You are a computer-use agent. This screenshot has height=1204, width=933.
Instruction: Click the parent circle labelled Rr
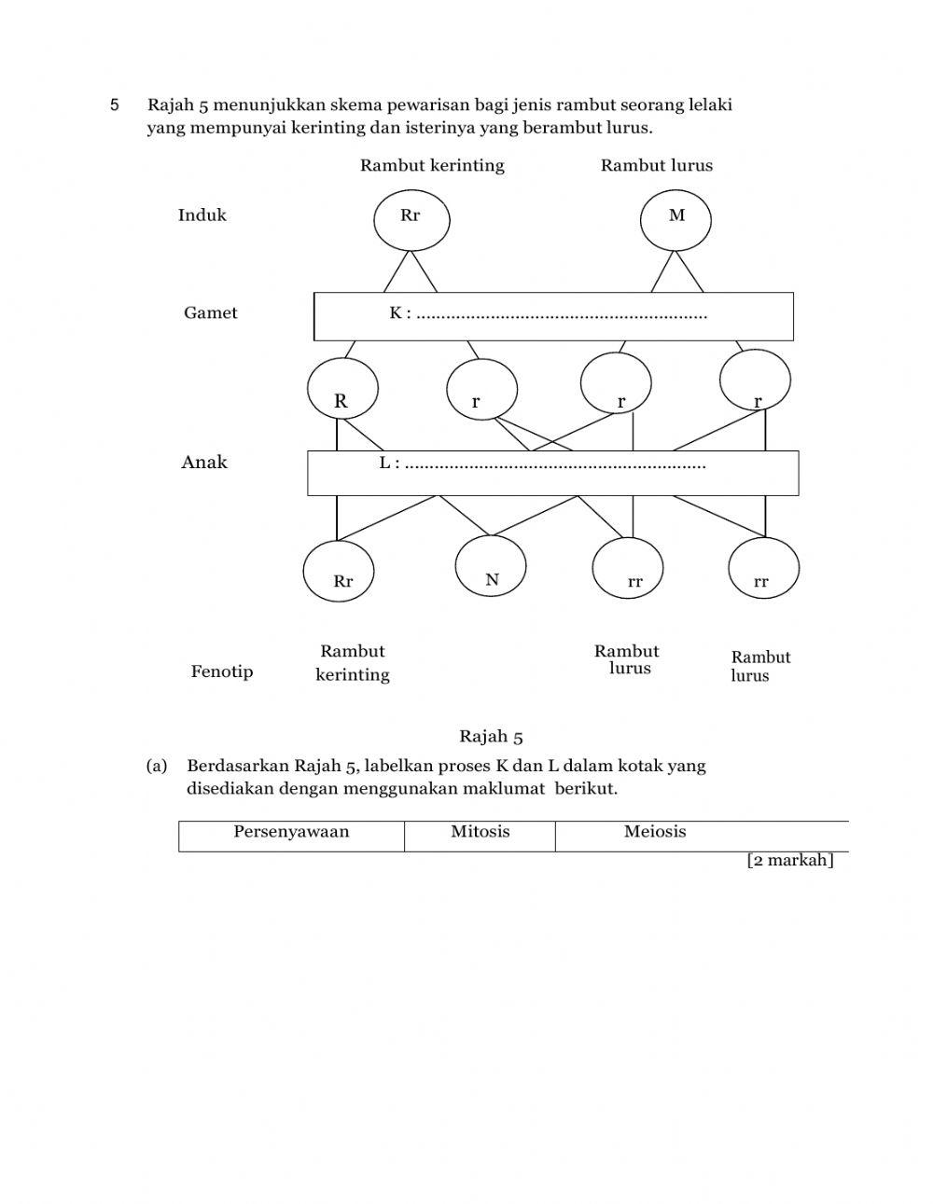click(x=411, y=220)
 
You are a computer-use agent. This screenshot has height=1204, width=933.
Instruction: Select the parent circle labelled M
click(x=675, y=220)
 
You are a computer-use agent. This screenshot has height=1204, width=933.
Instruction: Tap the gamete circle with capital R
click(x=342, y=389)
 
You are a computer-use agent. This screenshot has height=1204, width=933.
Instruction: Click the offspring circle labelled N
click(x=491, y=567)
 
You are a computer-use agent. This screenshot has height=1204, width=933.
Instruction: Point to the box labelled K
click(x=553, y=316)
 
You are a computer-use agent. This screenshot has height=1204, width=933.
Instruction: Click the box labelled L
click(x=552, y=473)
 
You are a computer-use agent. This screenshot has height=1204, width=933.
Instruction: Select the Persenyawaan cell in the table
click(x=291, y=836)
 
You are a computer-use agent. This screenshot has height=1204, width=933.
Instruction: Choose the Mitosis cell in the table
click(x=480, y=836)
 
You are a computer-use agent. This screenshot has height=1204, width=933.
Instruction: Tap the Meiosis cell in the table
click(x=655, y=836)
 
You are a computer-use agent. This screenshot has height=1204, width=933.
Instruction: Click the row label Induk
click(x=202, y=215)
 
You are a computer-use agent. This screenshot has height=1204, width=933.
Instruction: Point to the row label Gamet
click(x=210, y=313)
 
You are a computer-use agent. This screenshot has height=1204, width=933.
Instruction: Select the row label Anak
click(x=204, y=463)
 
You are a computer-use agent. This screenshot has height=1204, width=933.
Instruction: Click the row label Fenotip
click(x=222, y=672)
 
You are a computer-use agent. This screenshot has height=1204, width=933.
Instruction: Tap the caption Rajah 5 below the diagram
click(x=491, y=737)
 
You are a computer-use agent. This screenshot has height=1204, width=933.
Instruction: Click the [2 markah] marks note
click(x=789, y=861)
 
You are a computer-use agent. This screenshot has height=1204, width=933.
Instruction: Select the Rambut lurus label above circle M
click(x=656, y=166)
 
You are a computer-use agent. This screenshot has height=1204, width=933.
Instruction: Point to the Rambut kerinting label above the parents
click(x=432, y=166)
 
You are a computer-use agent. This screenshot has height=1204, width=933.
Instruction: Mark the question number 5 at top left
click(x=115, y=105)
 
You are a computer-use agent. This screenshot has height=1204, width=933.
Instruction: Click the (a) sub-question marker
click(x=157, y=767)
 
